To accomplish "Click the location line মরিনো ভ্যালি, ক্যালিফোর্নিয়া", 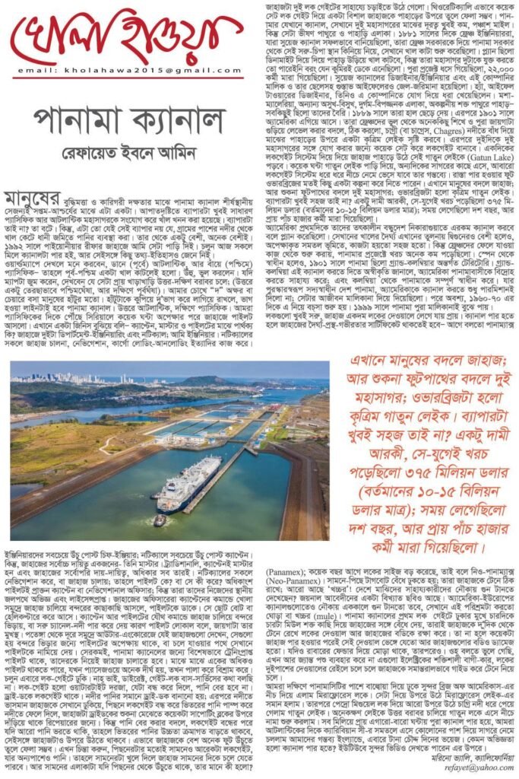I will (x=464, y=758).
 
